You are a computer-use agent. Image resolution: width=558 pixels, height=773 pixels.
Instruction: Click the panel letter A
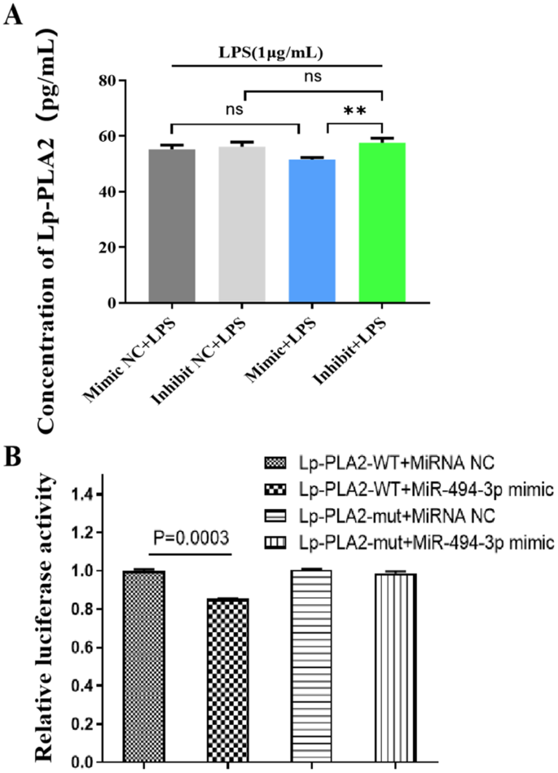[13, 15]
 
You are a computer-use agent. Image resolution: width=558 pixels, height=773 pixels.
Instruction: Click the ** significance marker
[354, 110]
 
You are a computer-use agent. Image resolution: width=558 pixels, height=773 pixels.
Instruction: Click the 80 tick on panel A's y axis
[103, 81]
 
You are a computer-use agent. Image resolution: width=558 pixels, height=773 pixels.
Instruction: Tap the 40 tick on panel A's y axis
[103, 192]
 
